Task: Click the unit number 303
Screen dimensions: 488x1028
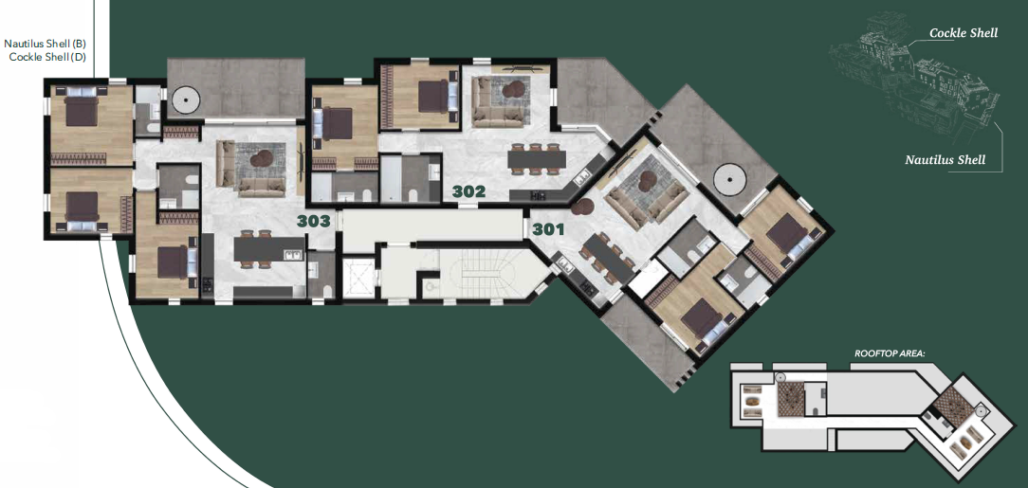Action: click(x=313, y=222)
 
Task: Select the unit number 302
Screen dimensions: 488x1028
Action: click(x=468, y=191)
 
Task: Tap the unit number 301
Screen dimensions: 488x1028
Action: click(x=548, y=228)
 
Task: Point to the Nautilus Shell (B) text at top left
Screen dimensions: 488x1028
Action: click(x=45, y=44)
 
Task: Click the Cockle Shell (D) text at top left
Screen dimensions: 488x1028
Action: click(x=47, y=57)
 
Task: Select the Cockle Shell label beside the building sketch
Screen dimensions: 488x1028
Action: click(x=963, y=33)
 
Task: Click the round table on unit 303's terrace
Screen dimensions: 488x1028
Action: click(x=184, y=99)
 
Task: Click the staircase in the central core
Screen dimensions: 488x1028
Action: click(x=482, y=275)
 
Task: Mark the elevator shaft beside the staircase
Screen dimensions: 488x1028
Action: click(x=358, y=276)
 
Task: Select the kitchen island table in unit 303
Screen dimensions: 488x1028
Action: click(x=268, y=248)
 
